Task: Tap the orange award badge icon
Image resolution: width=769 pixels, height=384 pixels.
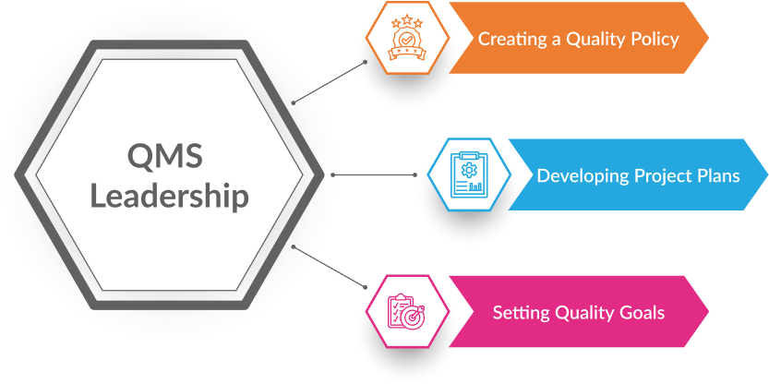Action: click(x=404, y=40)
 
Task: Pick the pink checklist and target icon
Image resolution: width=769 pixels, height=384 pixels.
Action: click(x=404, y=312)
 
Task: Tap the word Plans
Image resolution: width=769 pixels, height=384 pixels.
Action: click(x=715, y=175)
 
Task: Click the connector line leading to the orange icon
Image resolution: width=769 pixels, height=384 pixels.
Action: click(x=332, y=82)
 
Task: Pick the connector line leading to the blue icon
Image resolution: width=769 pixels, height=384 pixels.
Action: click(x=374, y=174)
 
